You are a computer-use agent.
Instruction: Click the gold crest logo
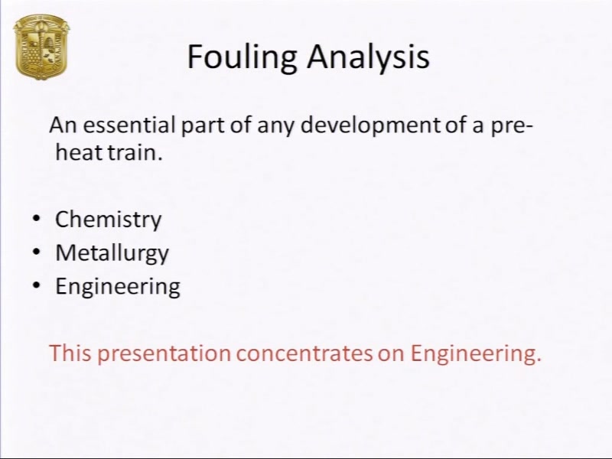tap(41, 47)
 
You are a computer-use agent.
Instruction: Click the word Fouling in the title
tap(242, 57)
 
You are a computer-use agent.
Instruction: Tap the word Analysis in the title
tap(368, 57)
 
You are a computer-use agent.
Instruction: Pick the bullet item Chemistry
tap(108, 220)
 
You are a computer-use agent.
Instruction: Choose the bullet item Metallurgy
tap(112, 253)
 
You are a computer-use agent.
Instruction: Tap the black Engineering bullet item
tap(118, 287)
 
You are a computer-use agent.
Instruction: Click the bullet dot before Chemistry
tap(36, 219)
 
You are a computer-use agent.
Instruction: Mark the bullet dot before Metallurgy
tap(36, 252)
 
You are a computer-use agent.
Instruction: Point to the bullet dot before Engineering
tap(36, 285)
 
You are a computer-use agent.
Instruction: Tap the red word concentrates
tap(304, 353)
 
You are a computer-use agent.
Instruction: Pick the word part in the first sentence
tap(202, 126)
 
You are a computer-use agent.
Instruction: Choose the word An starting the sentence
tap(63, 125)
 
